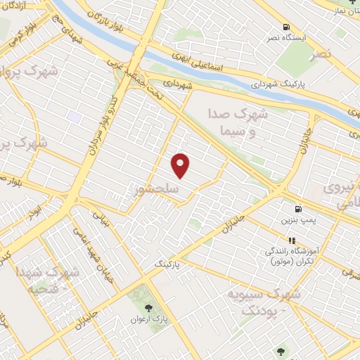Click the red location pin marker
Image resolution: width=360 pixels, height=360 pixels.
[x=181, y=165]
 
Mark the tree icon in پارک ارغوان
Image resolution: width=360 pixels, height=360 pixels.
[x=148, y=308]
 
